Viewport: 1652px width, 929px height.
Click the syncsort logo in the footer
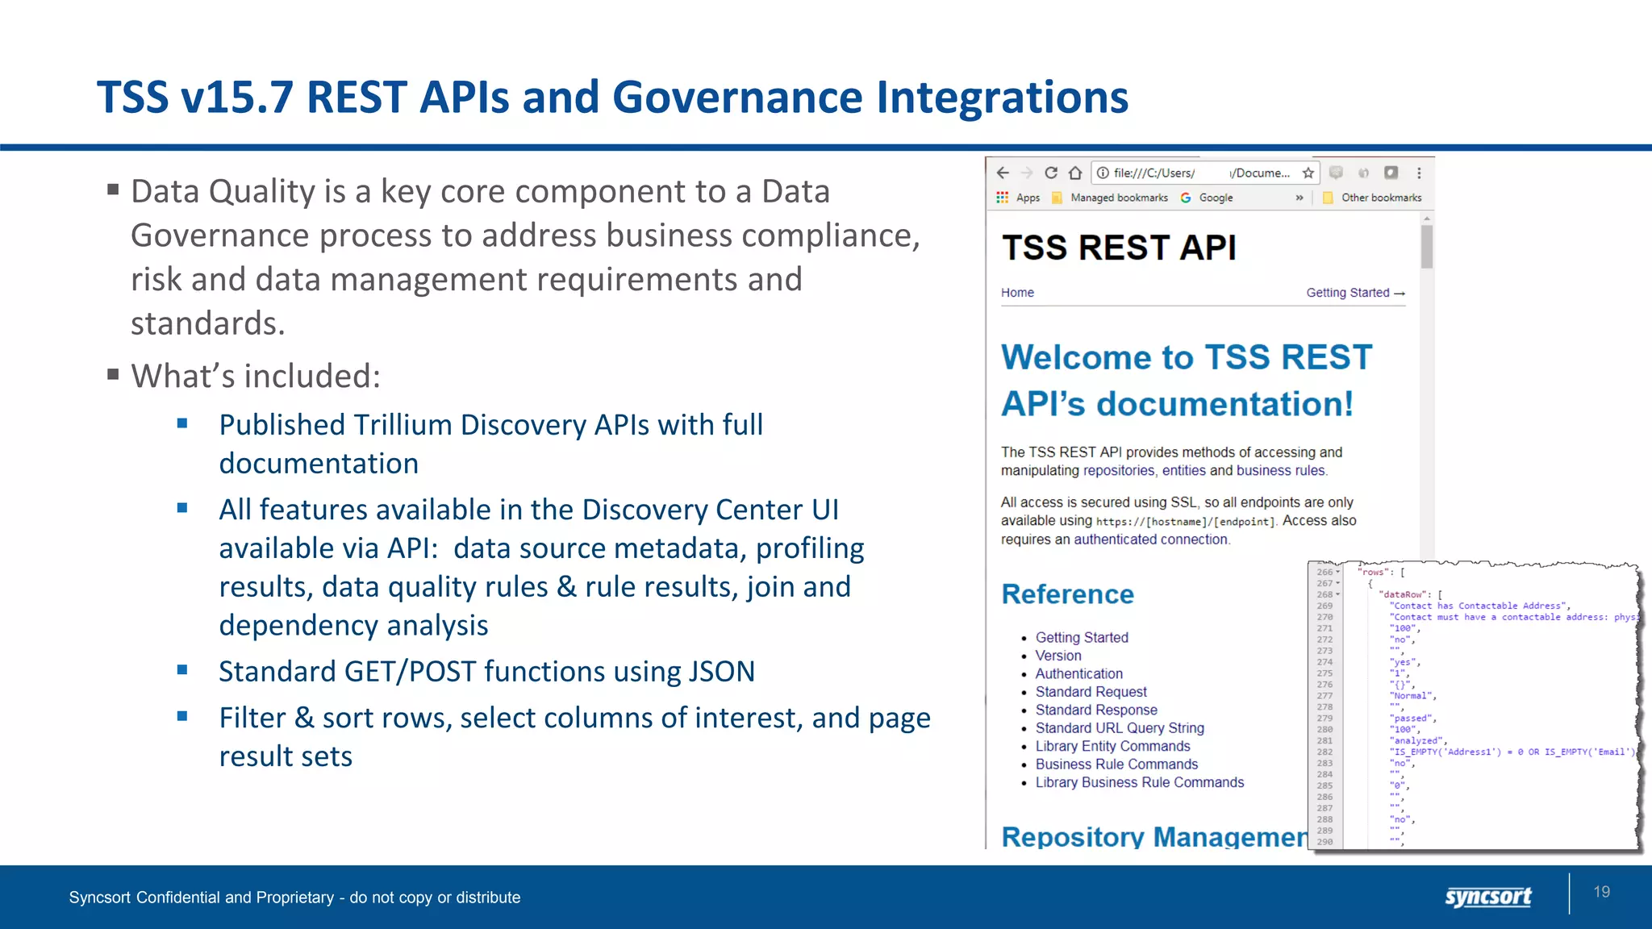click(x=1487, y=896)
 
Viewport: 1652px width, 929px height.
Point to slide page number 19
click(x=1601, y=892)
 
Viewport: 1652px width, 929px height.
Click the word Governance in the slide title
click(x=737, y=98)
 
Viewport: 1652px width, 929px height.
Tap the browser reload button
click(x=1050, y=173)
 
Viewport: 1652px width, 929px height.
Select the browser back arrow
click(x=1003, y=173)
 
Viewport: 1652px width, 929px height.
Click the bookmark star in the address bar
click(x=1308, y=173)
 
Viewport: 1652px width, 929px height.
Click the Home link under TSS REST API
click(x=1017, y=293)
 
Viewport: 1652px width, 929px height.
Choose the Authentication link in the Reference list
click(x=1078, y=673)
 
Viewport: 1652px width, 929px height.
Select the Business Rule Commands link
click(x=1116, y=764)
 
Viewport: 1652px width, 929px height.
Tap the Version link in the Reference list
click(x=1058, y=656)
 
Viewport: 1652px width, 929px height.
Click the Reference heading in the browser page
click(x=1067, y=594)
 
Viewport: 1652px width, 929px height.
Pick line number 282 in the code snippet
click(x=1325, y=752)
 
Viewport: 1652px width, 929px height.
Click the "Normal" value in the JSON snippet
click(x=1412, y=695)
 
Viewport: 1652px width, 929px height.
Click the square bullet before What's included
click(x=113, y=374)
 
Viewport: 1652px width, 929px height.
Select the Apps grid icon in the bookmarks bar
click(x=1002, y=198)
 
